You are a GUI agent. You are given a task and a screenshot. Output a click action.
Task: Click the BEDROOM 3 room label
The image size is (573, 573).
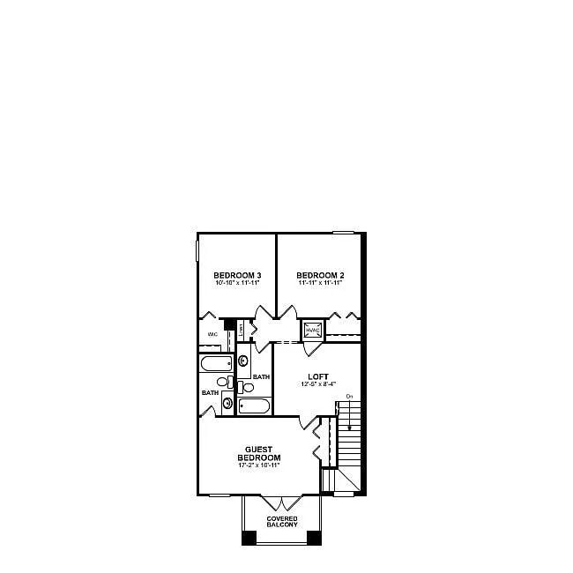(237, 275)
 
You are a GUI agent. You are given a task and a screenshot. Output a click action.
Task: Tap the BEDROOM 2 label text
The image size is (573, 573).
(320, 275)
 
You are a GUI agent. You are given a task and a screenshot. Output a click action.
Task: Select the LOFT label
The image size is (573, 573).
(317, 376)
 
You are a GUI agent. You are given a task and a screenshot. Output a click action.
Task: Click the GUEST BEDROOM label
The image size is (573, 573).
(259, 454)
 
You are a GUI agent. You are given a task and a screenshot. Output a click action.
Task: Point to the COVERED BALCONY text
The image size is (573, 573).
(282, 521)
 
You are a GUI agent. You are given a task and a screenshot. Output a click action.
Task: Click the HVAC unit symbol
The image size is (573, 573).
(313, 331)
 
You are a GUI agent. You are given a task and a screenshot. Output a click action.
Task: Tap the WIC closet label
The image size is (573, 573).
(212, 335)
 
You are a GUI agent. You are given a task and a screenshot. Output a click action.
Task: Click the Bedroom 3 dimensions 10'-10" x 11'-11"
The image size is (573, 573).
(237, 284)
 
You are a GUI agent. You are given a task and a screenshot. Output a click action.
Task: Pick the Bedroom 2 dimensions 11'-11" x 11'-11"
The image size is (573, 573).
(320, 284)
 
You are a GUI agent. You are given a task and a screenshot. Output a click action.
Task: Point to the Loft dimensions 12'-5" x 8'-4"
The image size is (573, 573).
(317, 384)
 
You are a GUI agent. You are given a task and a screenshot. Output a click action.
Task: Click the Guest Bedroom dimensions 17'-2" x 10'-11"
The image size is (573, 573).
(259, 465)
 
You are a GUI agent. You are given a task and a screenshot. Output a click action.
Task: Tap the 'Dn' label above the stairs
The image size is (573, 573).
(349, 395)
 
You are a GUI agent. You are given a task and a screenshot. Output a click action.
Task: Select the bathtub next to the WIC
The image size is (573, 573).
(216, 364)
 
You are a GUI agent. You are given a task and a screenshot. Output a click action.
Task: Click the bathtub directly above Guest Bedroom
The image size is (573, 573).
(254, 407)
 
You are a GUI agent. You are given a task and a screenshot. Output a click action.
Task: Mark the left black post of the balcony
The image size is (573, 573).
(249, 537)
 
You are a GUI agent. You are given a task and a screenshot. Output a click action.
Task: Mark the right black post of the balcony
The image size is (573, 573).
(315, 537)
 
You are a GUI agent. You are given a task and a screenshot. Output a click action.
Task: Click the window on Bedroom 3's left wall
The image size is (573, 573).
(197, 248)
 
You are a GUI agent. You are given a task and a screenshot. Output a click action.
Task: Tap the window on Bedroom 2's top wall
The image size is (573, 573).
(343, 233)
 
